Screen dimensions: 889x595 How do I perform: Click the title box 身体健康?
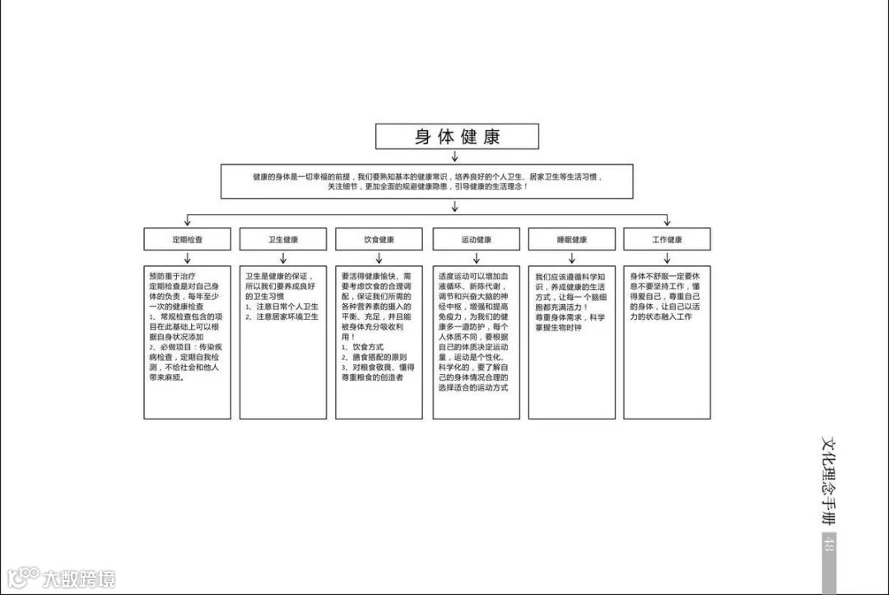pyautogui.click(x=457, y=137)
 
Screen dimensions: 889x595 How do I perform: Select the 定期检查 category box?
pyautogui.click(x=188, y=240)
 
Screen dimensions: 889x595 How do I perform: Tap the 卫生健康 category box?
pyautogui.click(x=283, y=240)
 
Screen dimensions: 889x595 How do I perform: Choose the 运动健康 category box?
pyautogui.click(x=476, y=240)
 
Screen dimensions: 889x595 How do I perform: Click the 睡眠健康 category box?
pyautogui.click(x=571, y=240)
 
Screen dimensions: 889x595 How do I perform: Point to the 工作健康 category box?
pyautogui.click(x=667, y=240)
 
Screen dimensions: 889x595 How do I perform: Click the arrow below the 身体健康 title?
pyautogui.click(x=454, y=157)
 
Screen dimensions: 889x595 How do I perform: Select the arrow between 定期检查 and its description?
pyautogui.click(x=188, y=258)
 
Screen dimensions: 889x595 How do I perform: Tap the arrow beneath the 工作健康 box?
pyautogui.click(x=667, y=258)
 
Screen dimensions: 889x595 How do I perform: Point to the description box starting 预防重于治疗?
pyautogui.click(x=188, y=342)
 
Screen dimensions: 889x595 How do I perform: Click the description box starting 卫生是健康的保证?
pyautogui.click(x=283, y=342)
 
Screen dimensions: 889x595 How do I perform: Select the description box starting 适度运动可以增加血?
pyautogui.click(x=476, y=342)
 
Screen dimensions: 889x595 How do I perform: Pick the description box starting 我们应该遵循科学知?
pyautogui.click(x=571, y=342)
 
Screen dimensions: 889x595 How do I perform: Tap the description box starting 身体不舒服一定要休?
pyautogui.click(x=667, y=342)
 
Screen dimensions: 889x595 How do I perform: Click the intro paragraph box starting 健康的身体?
pyautogui.click(x=427, y=181)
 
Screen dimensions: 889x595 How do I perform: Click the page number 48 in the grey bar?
pyautogui.click(x=828, y=544)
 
